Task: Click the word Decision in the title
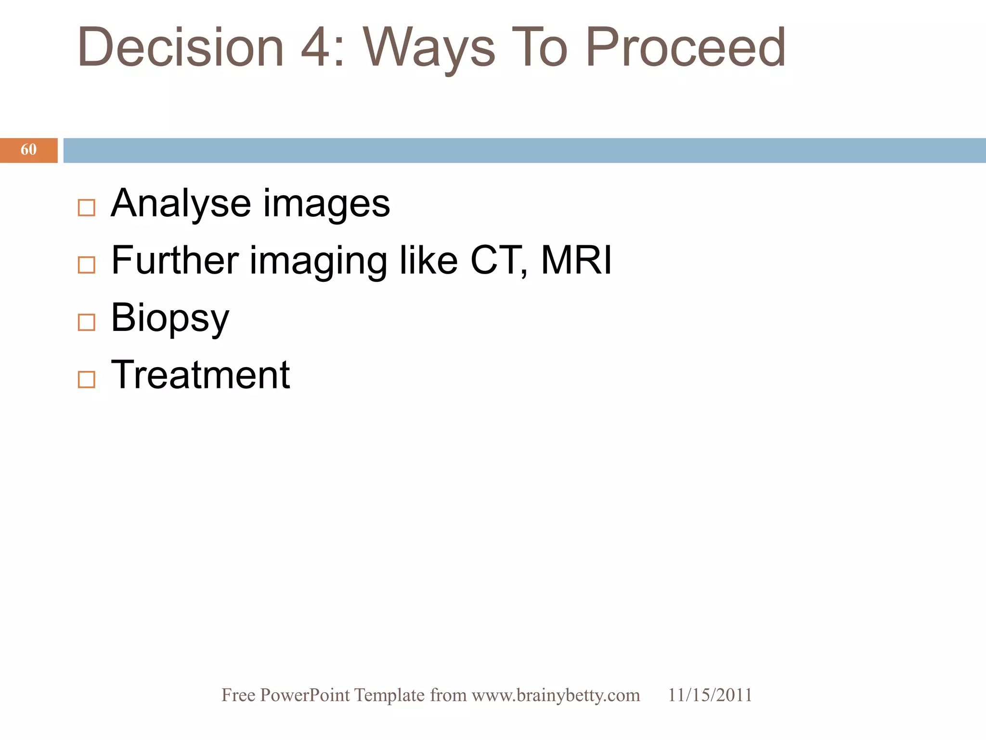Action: [x=181, y=47]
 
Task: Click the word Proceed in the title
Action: [x=686, y=47]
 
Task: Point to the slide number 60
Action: [x=28, y=150]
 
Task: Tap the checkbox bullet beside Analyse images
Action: [x=87, y=208]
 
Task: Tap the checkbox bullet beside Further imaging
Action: [x=87, y=265]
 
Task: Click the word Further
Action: [x=175, y=260]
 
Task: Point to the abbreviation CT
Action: [x=496, y=260]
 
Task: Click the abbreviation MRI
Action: [x=576, y=260]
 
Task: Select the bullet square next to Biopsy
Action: [x=87, y=322]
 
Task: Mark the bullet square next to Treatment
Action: [x=87, y=380]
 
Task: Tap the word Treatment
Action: [x=200, y=375]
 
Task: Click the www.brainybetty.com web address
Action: [x=556, y=695]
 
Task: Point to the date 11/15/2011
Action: [x=710, y=695]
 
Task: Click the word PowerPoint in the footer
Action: [x=305, y=695]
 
